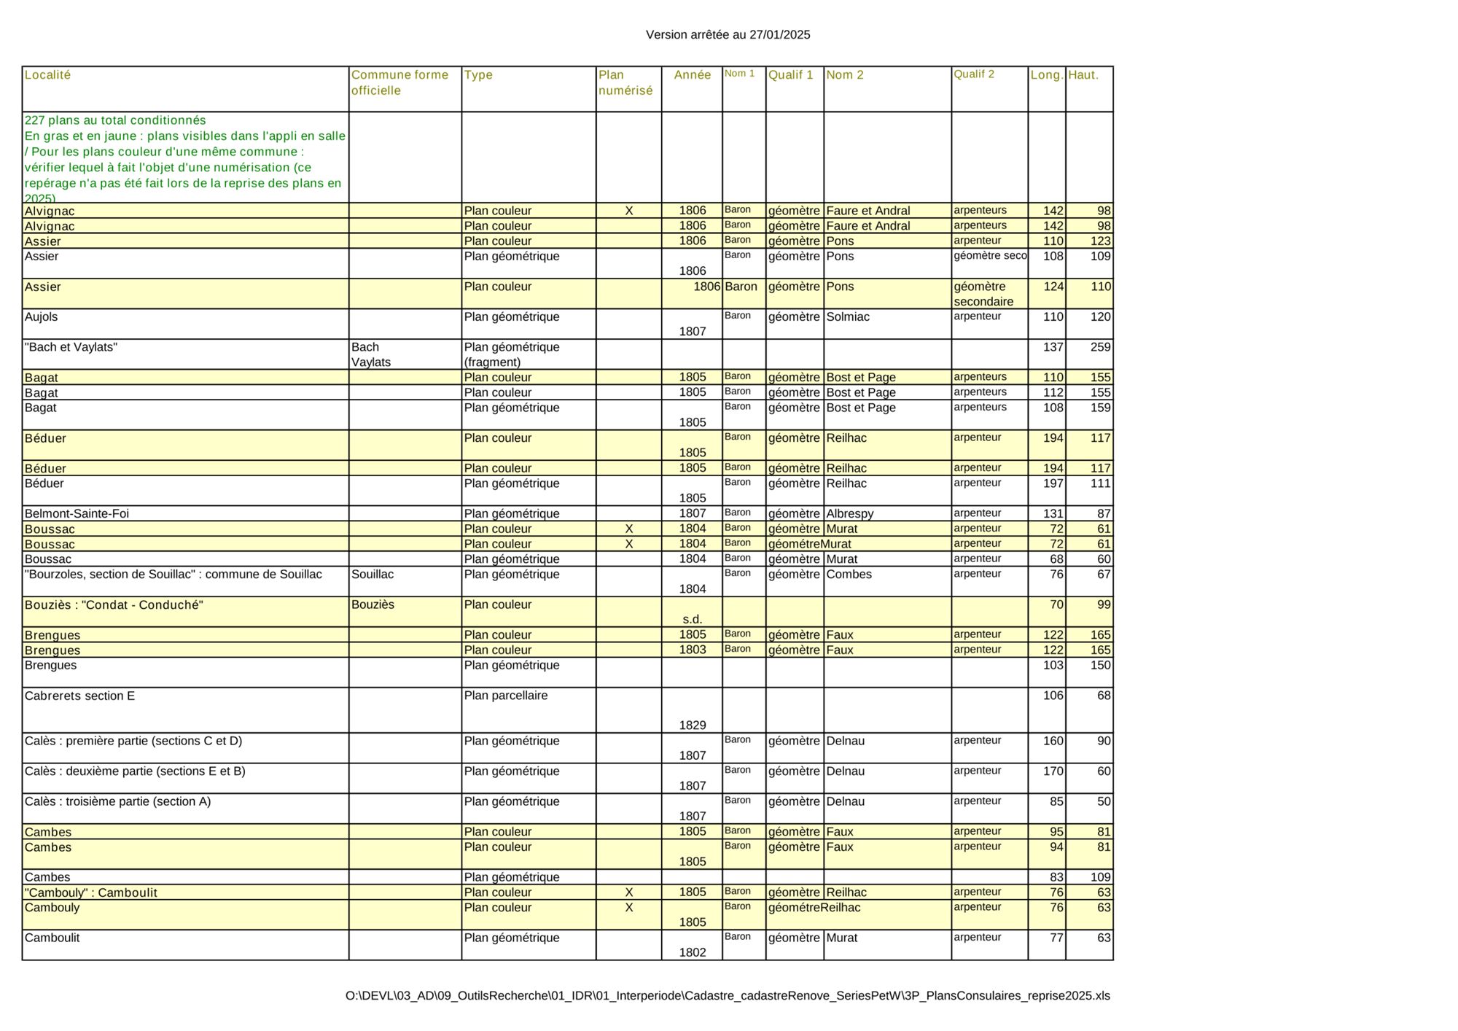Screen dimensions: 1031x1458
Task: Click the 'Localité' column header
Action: click(x=48, y=75)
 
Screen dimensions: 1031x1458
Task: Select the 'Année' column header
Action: click(x=692, y=75)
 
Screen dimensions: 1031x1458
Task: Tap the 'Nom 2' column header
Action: click(x=844, y=75)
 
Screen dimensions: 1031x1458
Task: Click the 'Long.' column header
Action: click(x=1046, y=75)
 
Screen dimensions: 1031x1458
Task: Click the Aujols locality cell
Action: click(x=42, y=317)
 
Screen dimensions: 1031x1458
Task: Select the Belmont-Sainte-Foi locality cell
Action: click(x=77, y=513)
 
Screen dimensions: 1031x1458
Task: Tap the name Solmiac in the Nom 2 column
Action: click(x=847, y=317)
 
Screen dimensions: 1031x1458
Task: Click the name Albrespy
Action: click(x=849, y=513)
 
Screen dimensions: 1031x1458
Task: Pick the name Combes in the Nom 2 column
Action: click(x=849, y=575)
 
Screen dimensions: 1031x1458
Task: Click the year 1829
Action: click(x=692, y=725)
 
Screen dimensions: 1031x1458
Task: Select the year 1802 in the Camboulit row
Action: click(x=692, y=952)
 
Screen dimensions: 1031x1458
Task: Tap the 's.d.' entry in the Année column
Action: click(x=692, y=620)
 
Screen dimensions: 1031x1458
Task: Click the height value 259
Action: click(x=1100, y=347)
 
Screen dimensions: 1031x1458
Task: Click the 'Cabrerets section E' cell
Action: click(x=79, y=696)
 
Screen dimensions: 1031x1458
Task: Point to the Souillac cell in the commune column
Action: click(x=372, y=575)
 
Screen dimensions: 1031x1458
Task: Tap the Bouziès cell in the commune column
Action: click(x=373, y=604)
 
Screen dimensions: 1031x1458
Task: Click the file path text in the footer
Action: click(x=728, y=996)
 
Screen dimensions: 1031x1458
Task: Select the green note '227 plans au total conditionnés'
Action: click(x=115, y=120)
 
